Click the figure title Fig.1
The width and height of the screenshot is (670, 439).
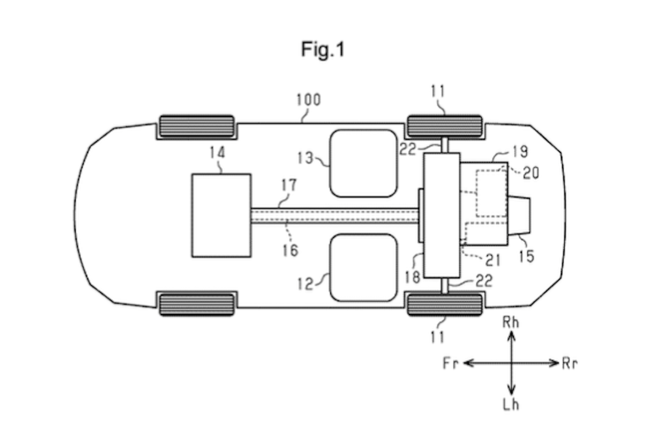point(323,50)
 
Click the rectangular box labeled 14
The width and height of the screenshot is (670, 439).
point(221,215)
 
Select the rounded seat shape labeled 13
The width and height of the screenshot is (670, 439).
point(363,163)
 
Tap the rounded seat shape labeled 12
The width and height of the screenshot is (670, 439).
point(363,267)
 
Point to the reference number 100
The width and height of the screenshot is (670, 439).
point(308,100)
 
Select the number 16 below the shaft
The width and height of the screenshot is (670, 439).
point(290,250)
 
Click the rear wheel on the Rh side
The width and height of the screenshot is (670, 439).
point(444,126)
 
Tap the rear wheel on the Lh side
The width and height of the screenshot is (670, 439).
point(444,305)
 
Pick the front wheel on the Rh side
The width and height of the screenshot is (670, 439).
point(197,126)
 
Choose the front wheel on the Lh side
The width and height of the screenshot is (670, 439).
point(197,305)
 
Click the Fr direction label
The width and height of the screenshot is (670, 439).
point(450,364)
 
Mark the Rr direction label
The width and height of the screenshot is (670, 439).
point(569,364)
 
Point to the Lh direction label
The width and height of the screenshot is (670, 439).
point(511,404)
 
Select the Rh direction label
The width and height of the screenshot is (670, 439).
point(511,322)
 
